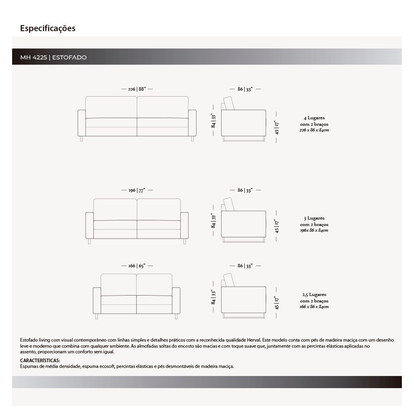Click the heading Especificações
coord(48,28)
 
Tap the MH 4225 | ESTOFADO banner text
coord(53,57)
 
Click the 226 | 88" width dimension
coord(137,89)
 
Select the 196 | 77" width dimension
coord(137,190)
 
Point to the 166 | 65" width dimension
coord(137,266)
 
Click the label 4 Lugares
coord(314,118)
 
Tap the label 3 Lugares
coord(314,218)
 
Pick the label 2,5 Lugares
coord(314,295)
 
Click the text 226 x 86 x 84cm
coord(314,131)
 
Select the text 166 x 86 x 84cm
coord(314,307)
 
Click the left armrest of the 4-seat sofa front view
coord(81,123)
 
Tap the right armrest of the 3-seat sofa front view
coord(184,225)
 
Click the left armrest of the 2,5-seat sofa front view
coord(97,300)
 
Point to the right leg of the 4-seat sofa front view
coord(192,139)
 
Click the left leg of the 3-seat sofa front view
coord(89,241)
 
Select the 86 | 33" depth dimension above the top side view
coord(245,89)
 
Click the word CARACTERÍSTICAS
coord(40,360)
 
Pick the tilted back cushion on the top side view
coord(229,103)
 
